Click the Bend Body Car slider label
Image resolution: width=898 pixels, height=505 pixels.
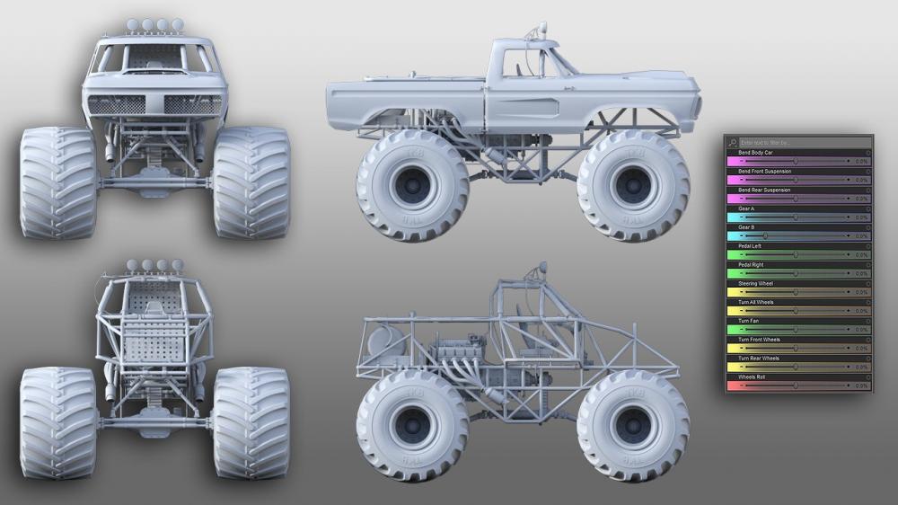[x=756, y=153]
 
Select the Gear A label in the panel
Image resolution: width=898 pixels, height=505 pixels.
[x=746, y=208]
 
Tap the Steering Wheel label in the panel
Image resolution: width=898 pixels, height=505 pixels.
[x=754, y=283]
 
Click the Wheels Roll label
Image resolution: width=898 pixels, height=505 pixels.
[x=751, y=377]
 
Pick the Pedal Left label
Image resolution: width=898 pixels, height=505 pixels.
[x=750, y=245]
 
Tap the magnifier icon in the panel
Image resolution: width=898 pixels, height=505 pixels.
[x=733, y=142]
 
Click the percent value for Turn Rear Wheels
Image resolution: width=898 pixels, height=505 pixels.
[x=860, y=368]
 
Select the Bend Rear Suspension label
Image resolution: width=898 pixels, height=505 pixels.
[x=764, y=190]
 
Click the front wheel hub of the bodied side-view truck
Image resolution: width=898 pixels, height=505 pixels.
[x=633, y=185]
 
